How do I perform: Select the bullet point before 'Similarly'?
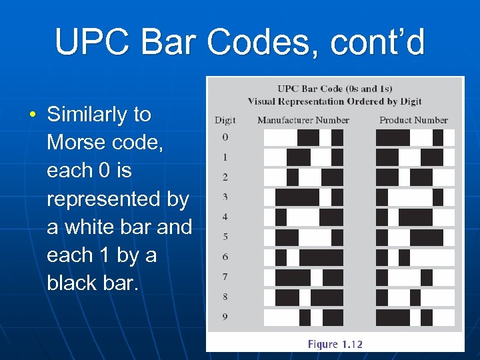tap(33, 115)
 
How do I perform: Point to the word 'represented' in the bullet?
tap(118, 199)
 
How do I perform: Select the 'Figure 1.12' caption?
tap(335, 344)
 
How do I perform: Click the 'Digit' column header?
tap(225, 120)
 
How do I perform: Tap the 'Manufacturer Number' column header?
tap(303, 120)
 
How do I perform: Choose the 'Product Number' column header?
tap(413, 120)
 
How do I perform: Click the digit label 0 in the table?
tap(225, 137)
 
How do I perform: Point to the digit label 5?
tap(225, 237)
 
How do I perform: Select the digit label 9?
tap(225, 317)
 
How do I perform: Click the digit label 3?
tap(225, 197)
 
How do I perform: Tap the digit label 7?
tap(225, 277)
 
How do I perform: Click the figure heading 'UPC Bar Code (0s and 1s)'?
tap(335, 89)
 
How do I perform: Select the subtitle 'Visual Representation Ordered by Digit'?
tap(335, 101)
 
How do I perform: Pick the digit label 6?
tap(225, 257)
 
